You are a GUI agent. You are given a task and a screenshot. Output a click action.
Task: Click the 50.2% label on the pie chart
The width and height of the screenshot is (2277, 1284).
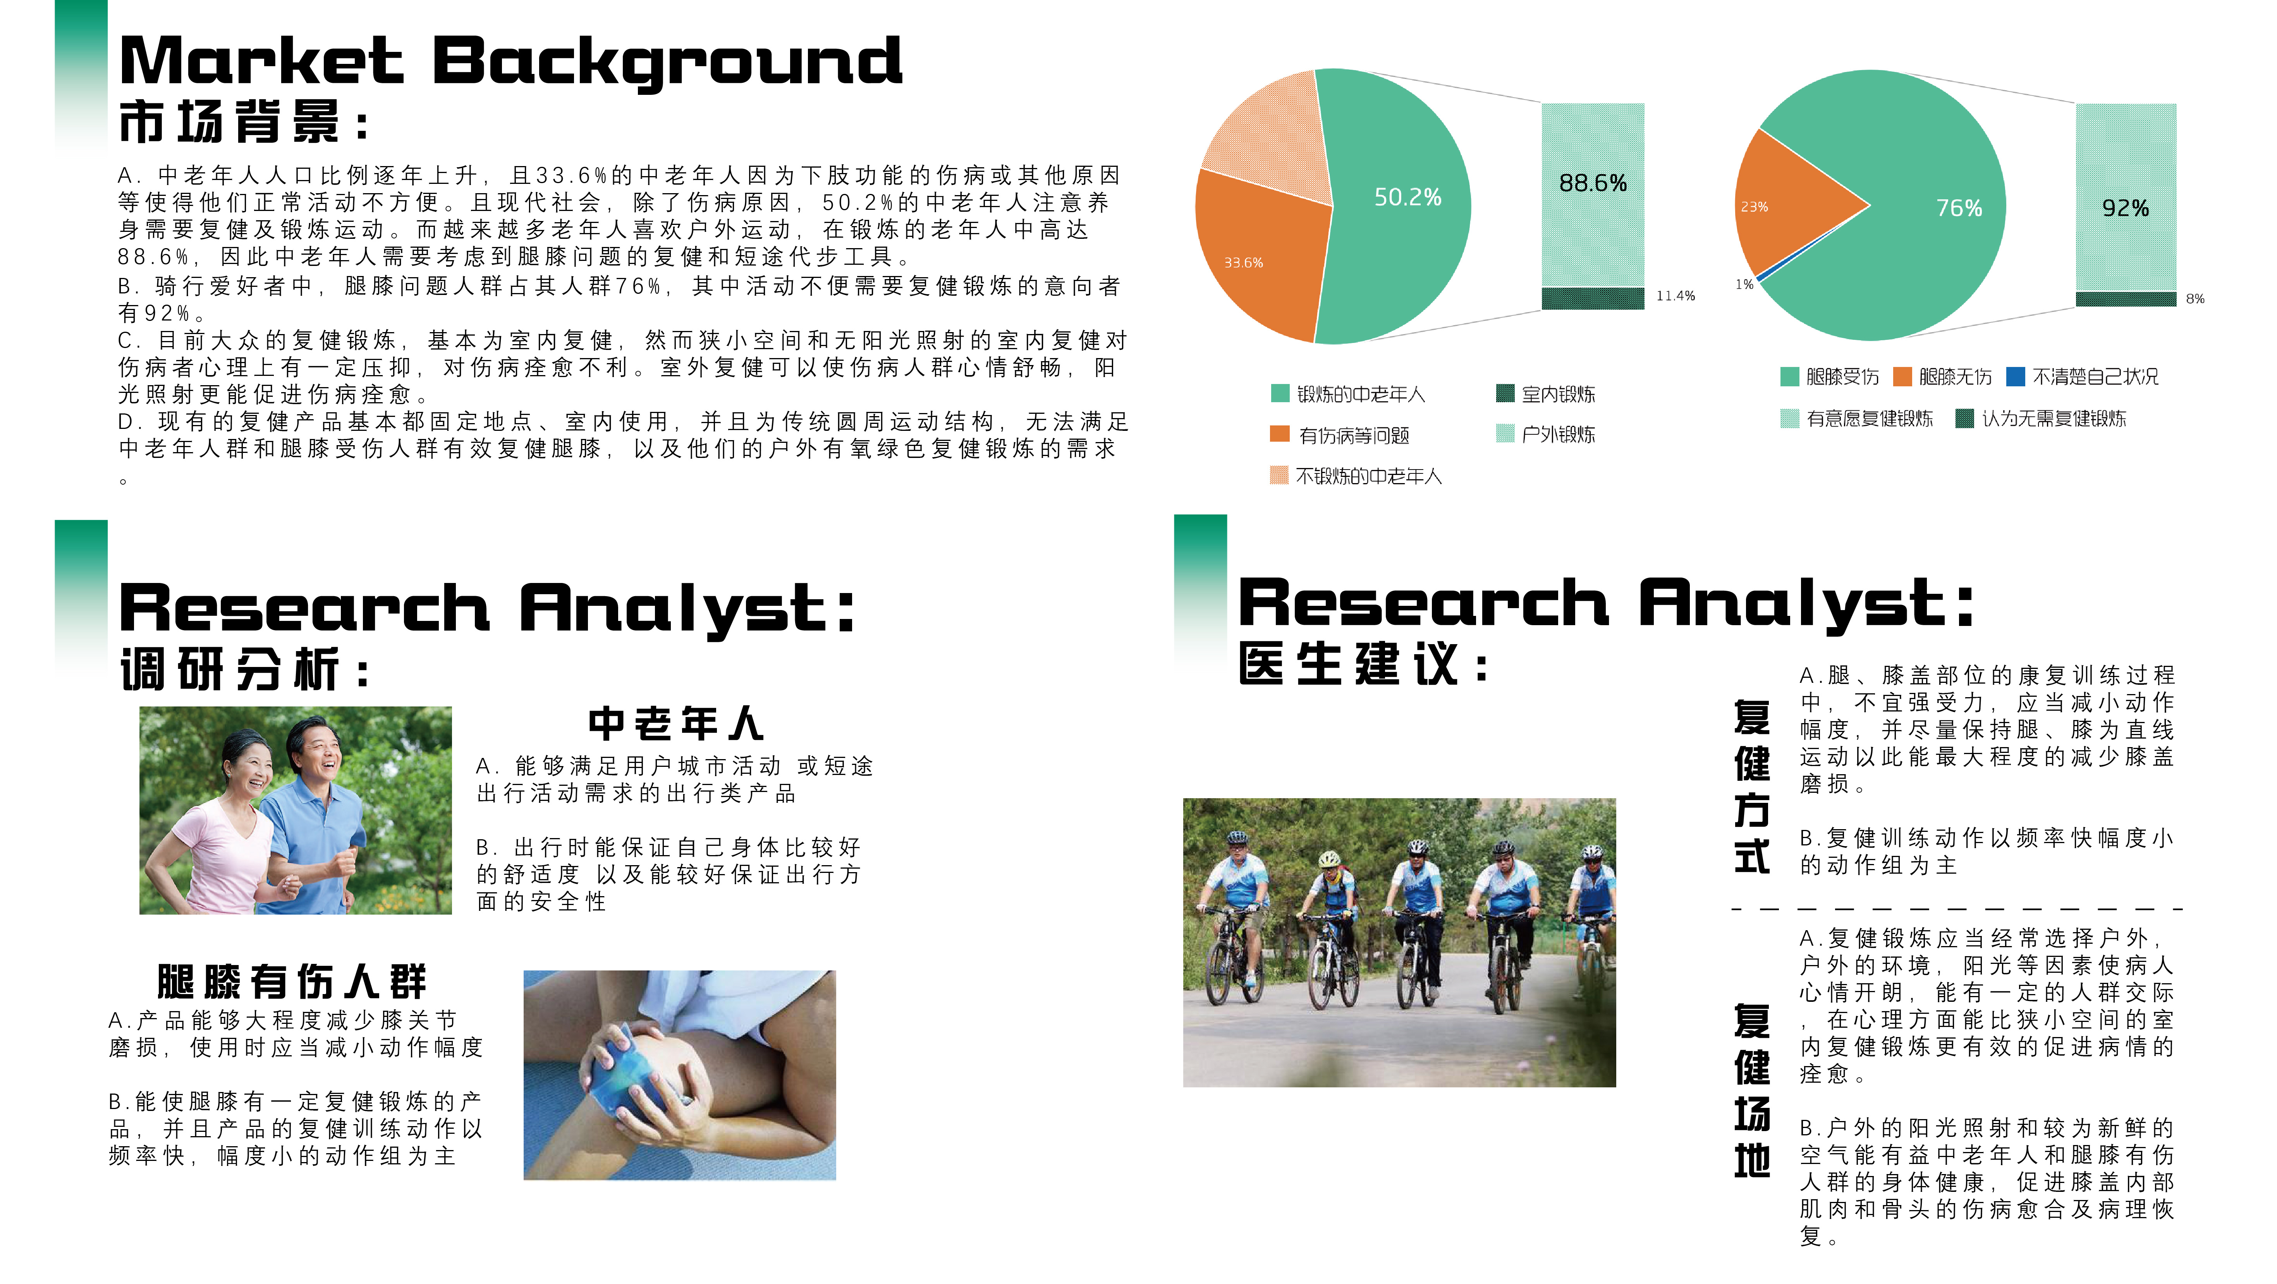coord(1407,197)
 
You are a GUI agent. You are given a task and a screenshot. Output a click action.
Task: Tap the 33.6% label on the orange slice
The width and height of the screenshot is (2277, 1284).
coord(1243,262)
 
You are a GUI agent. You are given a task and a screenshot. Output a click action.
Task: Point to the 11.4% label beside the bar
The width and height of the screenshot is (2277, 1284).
coord(1675,296)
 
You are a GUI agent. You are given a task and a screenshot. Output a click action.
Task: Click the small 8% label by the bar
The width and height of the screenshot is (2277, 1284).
coord(2195,299)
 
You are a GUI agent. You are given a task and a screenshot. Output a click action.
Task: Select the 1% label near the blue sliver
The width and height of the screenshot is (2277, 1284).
coord(1744,285)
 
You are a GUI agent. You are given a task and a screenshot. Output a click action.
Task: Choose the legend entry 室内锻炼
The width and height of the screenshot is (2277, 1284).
coord(1557,394)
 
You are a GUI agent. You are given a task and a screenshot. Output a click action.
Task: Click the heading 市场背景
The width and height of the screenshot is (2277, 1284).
coord(230,122)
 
